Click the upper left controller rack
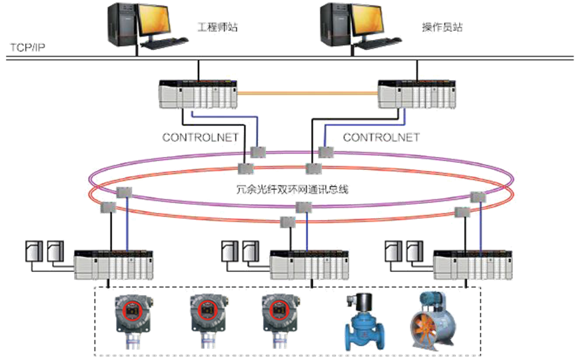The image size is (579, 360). point(197,95)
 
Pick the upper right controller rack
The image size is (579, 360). point(416,95)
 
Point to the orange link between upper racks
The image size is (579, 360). point(306,94)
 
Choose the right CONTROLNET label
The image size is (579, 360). point(382,137)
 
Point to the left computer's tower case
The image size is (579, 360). point(121,25)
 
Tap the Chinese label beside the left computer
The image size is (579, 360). point(217,28)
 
